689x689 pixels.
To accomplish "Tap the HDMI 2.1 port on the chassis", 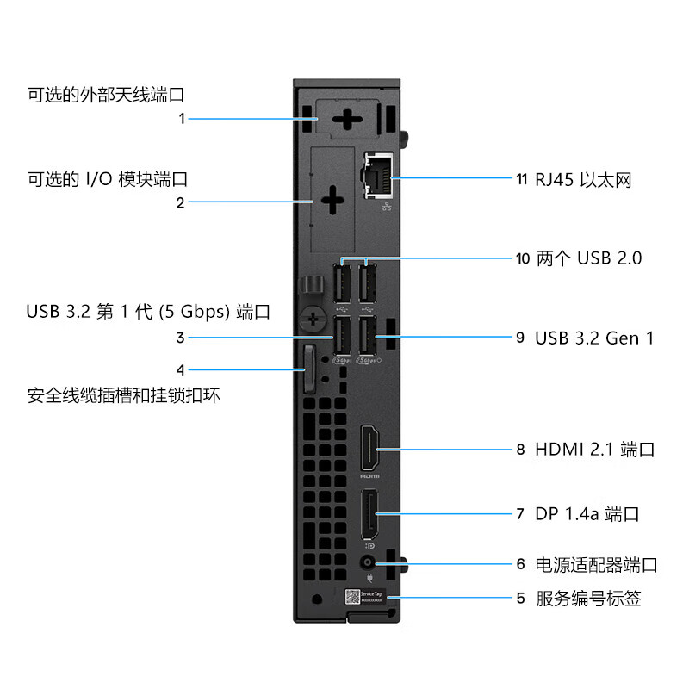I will [369, 449].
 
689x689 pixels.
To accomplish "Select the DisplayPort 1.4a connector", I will [369, 513].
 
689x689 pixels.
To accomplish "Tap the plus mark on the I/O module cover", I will [332, 202].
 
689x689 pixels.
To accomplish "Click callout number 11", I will [521, 180].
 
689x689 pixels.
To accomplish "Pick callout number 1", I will [182, 119].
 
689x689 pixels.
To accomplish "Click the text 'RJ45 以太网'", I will [584, 180].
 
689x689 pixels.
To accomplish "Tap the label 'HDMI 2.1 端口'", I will [595, 449].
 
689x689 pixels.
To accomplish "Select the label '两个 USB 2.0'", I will [589, 258].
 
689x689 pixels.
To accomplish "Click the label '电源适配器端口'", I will [597, 565].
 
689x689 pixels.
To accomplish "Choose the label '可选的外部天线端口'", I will [107, 94].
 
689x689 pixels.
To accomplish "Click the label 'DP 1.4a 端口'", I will [587, 514].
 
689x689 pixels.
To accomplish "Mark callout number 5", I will [520, 598].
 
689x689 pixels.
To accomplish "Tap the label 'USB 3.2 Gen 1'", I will [594, 338].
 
